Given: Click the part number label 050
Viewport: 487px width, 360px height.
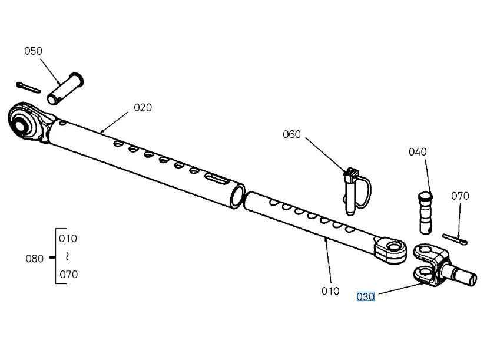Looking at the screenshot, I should click(x=33, y=51).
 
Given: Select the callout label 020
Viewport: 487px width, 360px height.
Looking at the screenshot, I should click(x=143, y=107).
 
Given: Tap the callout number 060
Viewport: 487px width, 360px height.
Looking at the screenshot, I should click(x=291, y=134).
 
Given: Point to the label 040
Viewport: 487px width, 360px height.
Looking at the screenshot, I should click(x=418, y=152).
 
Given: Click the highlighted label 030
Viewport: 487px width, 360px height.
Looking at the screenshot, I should click(x=365, y=296).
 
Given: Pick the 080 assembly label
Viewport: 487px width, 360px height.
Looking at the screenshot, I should click(x=34, y=258).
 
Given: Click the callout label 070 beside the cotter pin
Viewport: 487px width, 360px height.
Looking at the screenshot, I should click(x=460, y=196).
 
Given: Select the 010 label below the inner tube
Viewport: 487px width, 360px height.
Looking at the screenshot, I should click(x=330, y=290).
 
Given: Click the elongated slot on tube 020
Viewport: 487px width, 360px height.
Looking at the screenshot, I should click(x=216, y=178).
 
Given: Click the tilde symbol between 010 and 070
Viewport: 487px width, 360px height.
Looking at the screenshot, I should click(x=68, y=256).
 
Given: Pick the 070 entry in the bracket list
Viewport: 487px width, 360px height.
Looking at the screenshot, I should click(x=68, y=274).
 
